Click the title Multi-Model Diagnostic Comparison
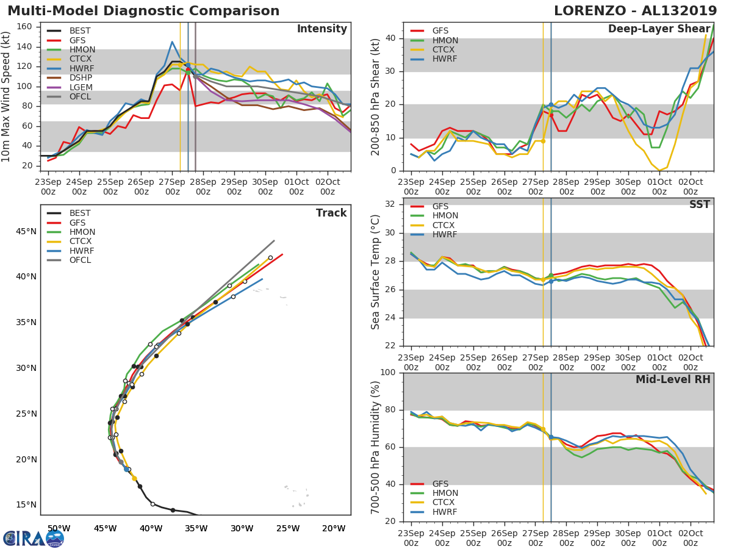pyautogui.click(x=143, y=11)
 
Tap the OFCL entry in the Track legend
pyautogui.click(x=80, y=260)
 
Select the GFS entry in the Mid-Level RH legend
pyautogui.click(x=440, y=484)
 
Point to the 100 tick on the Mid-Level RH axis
pyautogui.click(x=387, y=373)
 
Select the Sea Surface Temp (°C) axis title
pyautogui.click(x=376, y=272)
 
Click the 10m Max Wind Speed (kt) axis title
pyautogui.click(x=7, y=96)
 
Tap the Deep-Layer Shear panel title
pyautogui.click(x=659, y=29)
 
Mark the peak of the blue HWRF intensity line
pyautogui.click(x=172, y=42)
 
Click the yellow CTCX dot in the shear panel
pyautogui.click(x=543, y=141)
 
